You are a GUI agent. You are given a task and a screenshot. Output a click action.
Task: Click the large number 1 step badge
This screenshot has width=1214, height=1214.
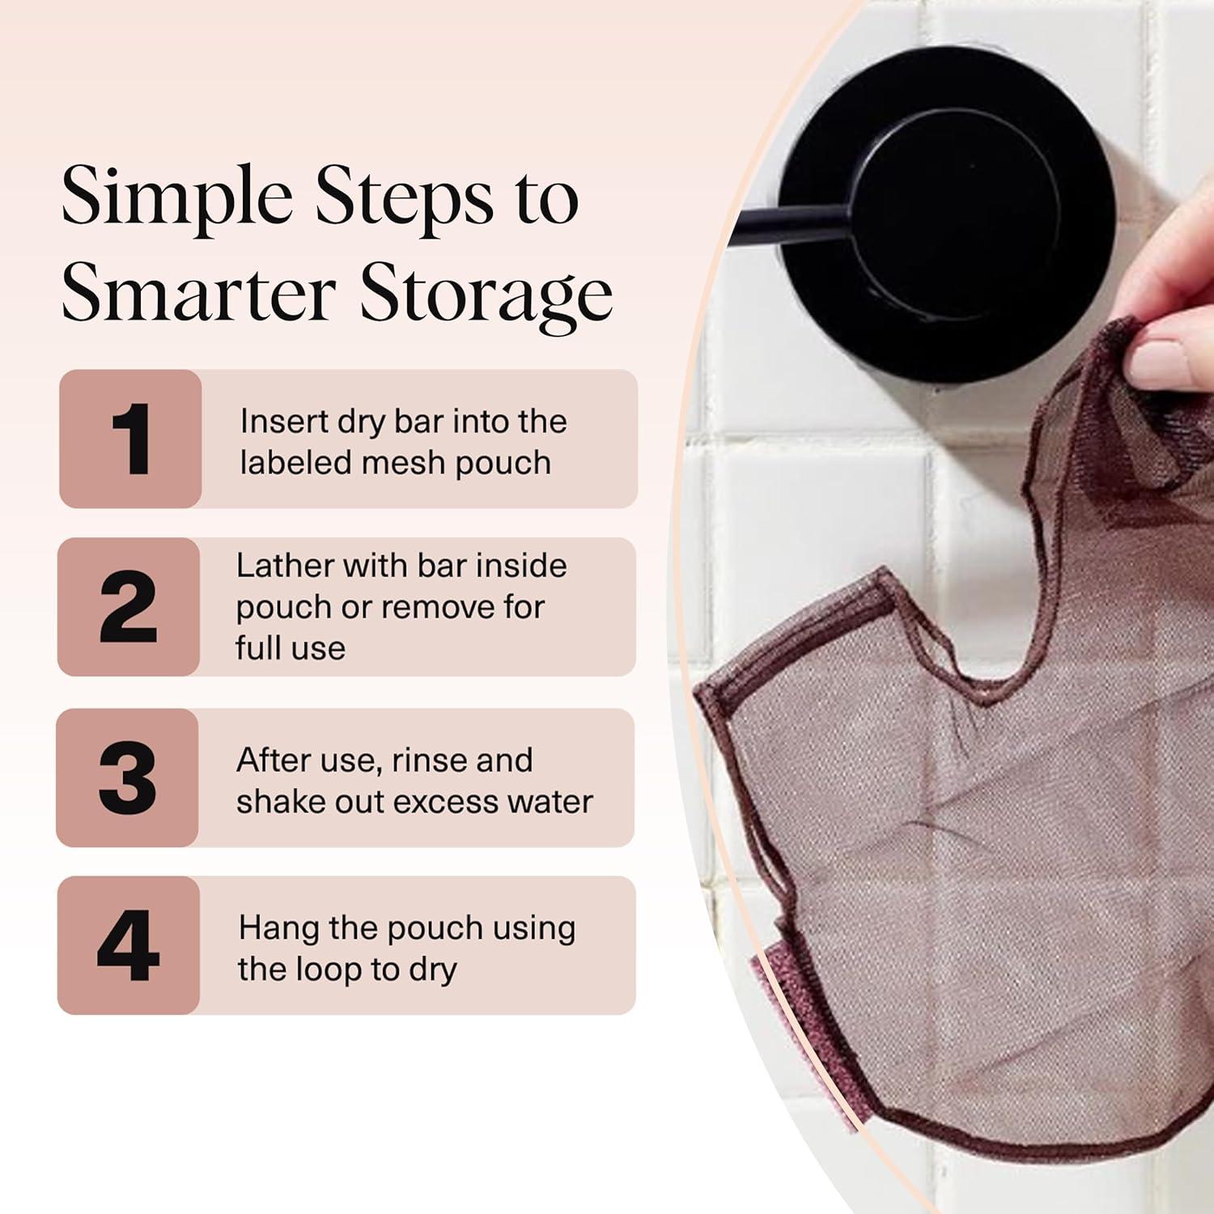click(129, 439)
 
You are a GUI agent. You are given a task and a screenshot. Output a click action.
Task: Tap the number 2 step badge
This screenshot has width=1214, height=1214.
click(128, 607)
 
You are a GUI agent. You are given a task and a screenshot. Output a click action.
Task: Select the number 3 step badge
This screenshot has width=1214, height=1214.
click(127, 777)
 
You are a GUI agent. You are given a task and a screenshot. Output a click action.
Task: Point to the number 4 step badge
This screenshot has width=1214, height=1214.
click(128, 945)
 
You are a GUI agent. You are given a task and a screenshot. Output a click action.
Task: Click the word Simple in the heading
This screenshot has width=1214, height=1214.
click(176, 199)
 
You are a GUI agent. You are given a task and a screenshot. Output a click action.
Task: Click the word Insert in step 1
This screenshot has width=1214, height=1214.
click(283, 422)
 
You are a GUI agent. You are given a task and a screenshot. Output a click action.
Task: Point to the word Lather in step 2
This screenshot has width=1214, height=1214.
click(284, 566)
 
